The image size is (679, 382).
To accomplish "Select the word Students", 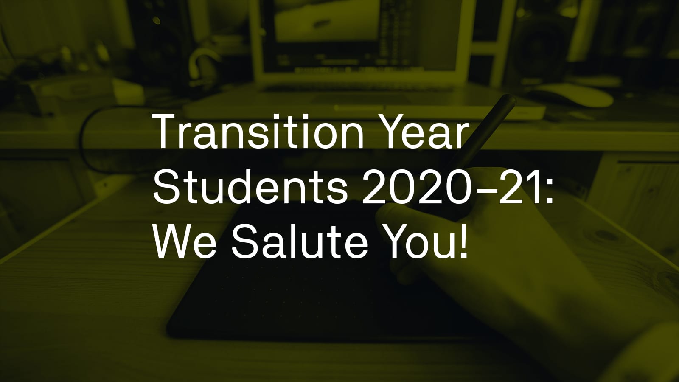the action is coord(250,187).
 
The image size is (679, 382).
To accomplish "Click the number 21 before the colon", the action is coord(520,188).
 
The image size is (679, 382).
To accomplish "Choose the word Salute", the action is coord(300,242).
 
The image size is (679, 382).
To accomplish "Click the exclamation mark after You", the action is coord(463,242).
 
